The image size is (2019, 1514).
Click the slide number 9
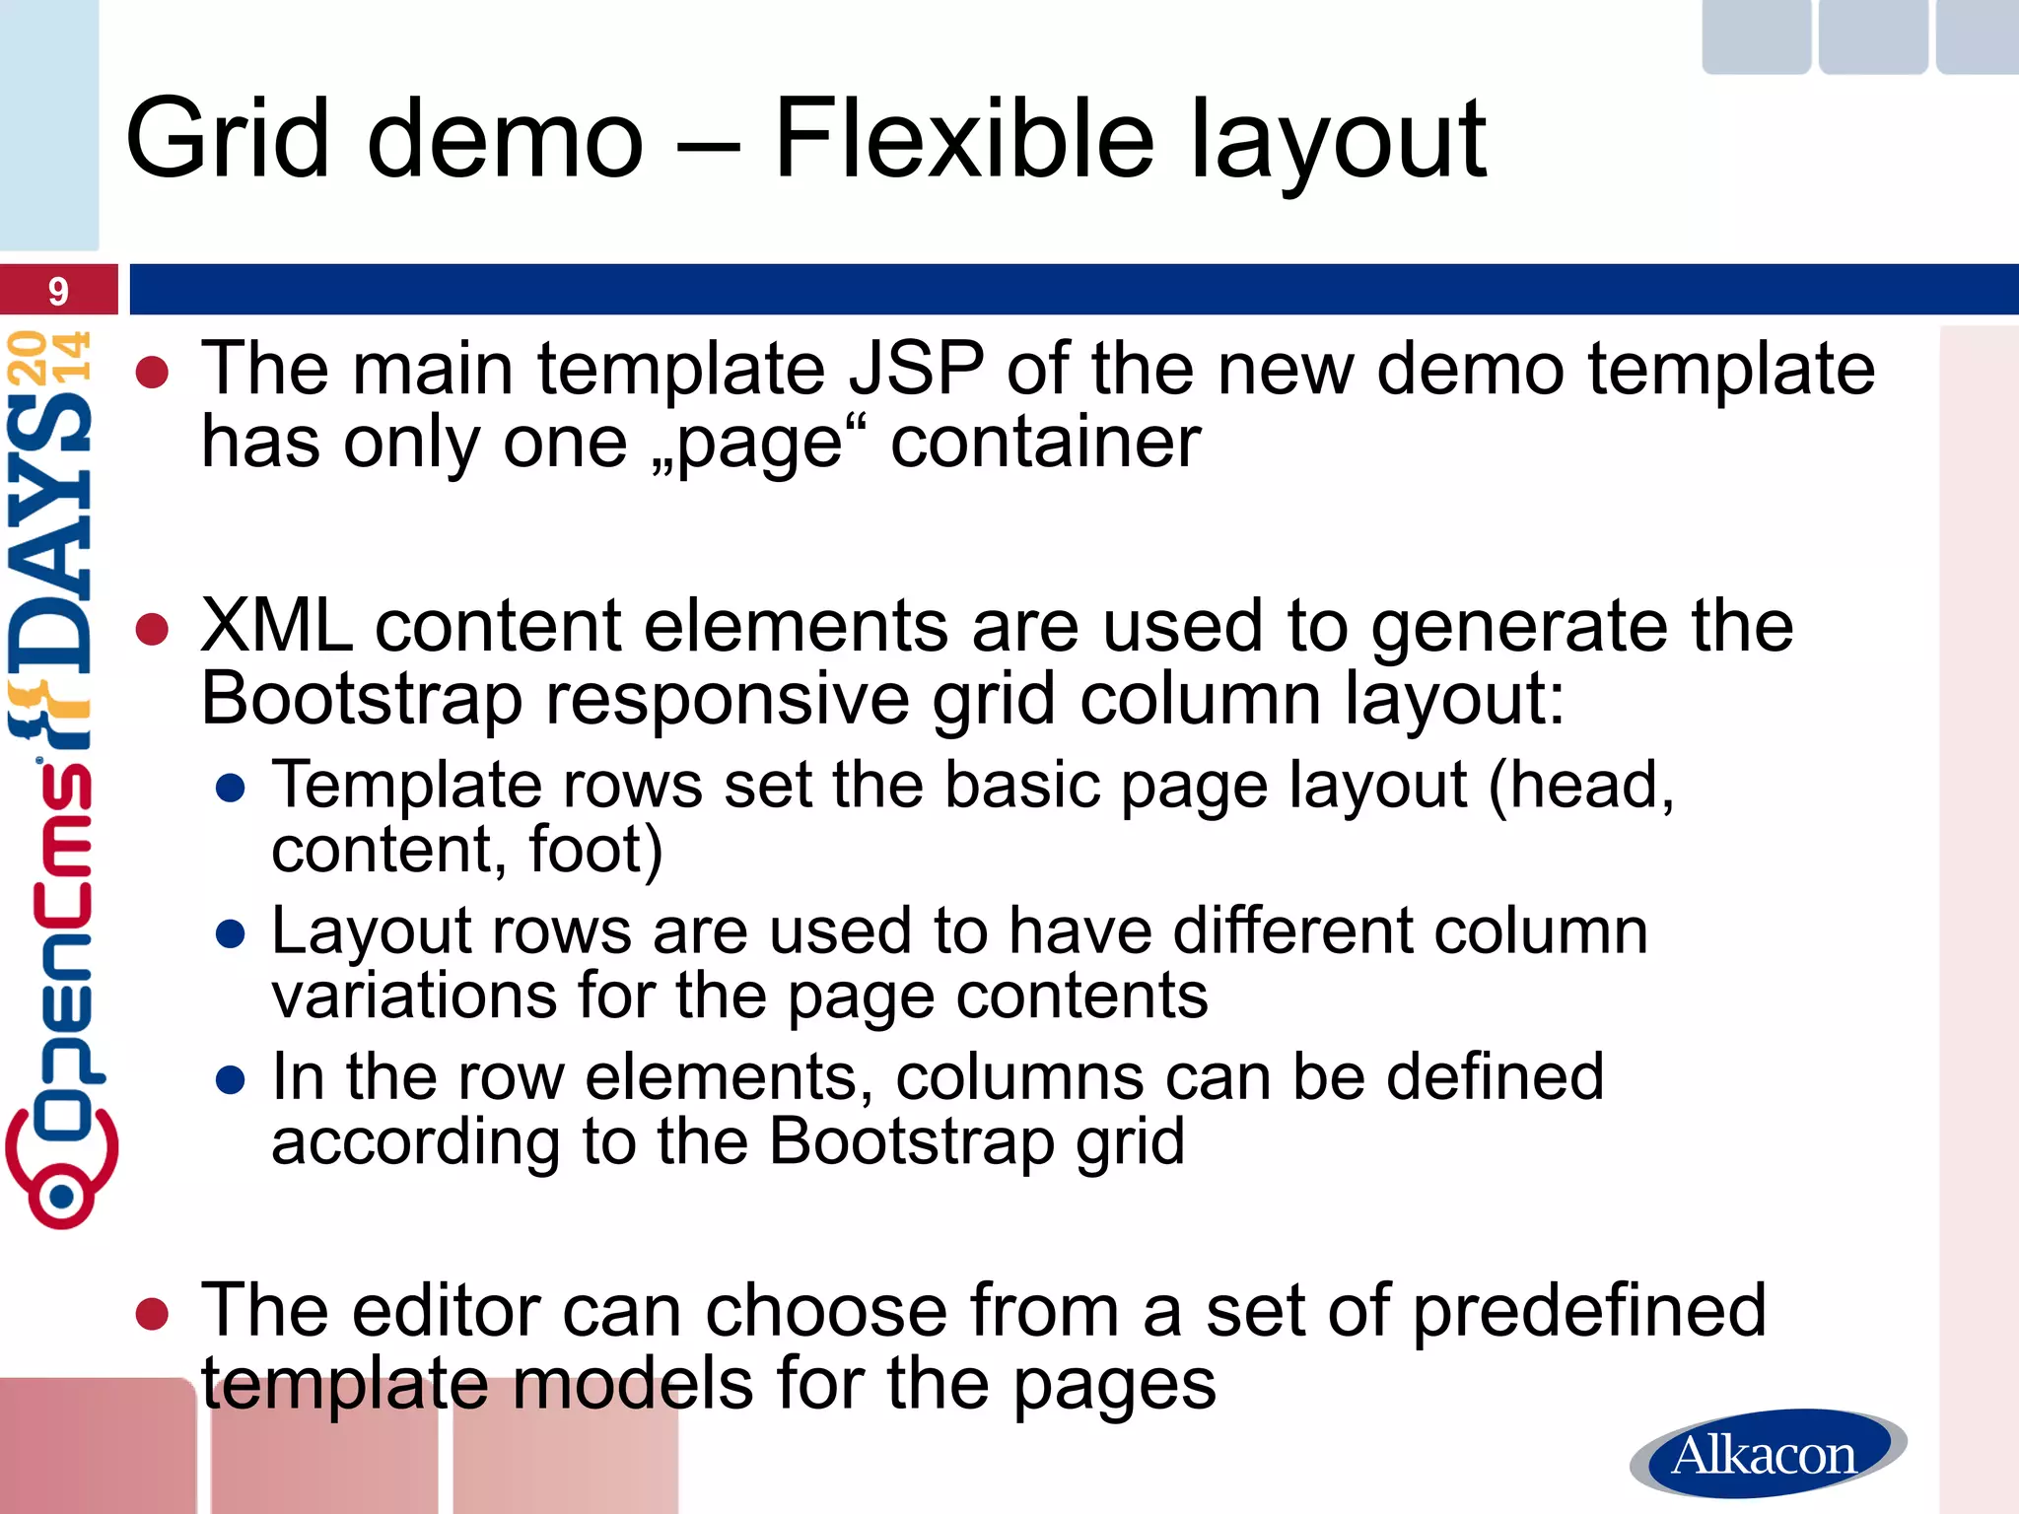click(x=58, y=292)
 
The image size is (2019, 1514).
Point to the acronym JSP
click(x=916, y=369)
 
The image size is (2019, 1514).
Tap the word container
click(x=1045, y=443)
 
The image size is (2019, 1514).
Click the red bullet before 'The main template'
click(x=153, y=373)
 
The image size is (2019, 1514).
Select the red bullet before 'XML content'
click(x=153, y=630)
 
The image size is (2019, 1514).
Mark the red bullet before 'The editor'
click(x=153, y=1314)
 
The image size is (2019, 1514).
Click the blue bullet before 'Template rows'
click(x=230, y=789)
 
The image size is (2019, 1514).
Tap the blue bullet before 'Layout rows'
click(x=230, y=934)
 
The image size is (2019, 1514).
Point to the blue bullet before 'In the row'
click(x=230, y=1080)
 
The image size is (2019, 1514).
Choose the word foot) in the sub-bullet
click(x=595, y=850)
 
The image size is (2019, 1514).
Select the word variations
click(x=414, y=996)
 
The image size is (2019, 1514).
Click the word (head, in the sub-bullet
click(x=1581, y=786)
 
